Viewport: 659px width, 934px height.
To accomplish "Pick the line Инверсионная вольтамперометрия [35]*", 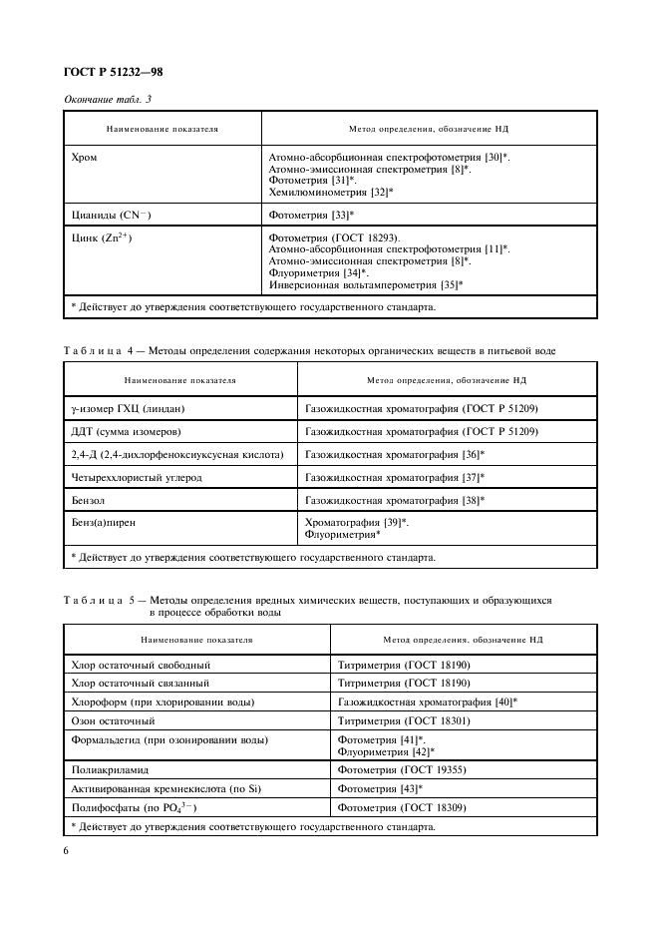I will tap(367, 284).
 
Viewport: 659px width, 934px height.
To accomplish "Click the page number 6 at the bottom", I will tap(66, 849).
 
